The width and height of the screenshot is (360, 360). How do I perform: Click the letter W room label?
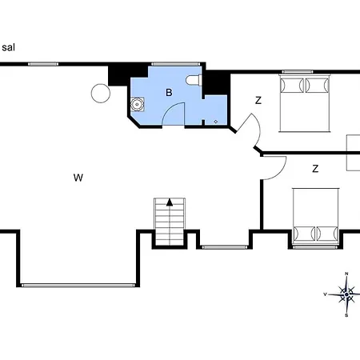[78, 178]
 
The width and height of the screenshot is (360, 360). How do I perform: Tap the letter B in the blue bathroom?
[169, 93]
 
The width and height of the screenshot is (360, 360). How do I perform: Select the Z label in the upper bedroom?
[258, 101]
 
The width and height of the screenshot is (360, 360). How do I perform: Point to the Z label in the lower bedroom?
[315, 169]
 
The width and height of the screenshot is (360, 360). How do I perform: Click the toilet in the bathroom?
[194, 80]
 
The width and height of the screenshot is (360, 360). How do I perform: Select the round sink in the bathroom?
[138, 104]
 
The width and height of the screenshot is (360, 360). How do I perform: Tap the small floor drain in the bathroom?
[216, 122]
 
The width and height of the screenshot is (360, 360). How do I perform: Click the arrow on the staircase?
[170, 202]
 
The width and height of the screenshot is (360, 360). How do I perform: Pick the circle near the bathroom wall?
[101, 93]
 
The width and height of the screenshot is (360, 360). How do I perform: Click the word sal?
[8, 48]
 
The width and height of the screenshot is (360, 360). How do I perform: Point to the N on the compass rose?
[346, 274]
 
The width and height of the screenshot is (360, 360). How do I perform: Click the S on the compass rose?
[346, 315]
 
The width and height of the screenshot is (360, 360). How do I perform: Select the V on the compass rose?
[325, 294]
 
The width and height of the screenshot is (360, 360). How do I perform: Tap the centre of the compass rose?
[346, 294]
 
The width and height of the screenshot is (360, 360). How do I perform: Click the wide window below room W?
[78, 286]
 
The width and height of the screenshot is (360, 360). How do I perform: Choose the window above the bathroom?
[175, 64]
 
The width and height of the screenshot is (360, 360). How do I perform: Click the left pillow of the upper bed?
[292, 86]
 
